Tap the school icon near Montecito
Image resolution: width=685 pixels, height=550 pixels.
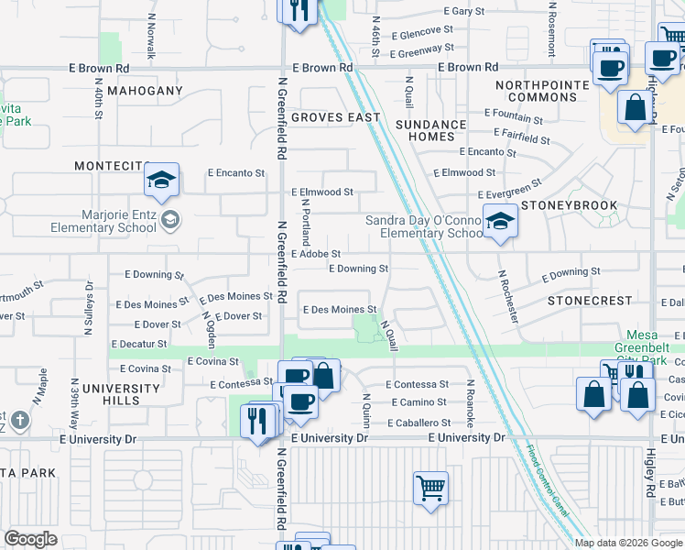click(x=161, y=181)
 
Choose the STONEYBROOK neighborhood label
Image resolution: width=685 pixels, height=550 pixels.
click(x=559, y=207)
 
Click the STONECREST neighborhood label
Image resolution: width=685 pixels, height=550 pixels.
click(x=589, y=301)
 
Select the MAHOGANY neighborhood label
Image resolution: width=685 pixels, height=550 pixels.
click(x=145, y=92)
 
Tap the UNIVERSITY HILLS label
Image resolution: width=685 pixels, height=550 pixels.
click(x=121, y=394)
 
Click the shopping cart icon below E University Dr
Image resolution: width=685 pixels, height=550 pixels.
click(x=430, y=487)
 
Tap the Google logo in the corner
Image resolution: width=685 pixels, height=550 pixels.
click(x=30, y=539)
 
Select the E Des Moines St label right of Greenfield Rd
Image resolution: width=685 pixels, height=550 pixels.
click(x=339, y=310)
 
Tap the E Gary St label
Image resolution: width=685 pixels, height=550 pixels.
click(x=462, y=11)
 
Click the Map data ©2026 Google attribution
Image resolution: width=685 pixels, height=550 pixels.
click(x=627, y=543)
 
